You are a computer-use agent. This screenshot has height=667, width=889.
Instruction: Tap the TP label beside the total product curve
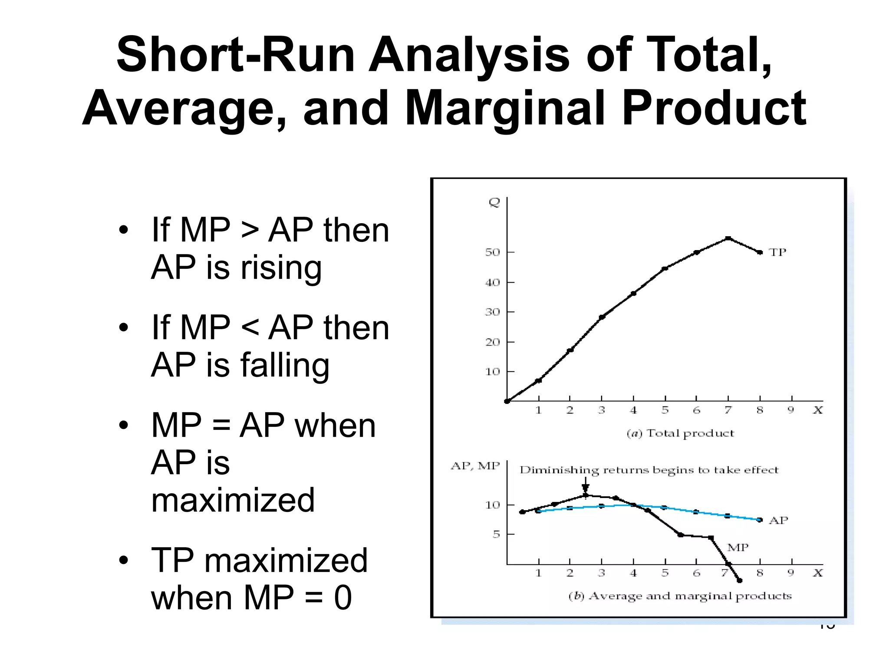point(777,252)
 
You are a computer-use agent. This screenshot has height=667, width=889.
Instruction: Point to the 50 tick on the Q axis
point(493,252)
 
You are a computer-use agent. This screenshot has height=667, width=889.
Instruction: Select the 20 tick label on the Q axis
point(493,342)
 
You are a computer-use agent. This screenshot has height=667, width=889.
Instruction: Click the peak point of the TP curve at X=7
point(728,238)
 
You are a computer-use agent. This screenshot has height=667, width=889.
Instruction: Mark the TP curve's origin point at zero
point(507,401)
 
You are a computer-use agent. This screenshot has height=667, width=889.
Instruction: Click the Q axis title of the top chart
point(494,202)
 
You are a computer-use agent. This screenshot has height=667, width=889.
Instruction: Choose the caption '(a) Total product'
point(680,433)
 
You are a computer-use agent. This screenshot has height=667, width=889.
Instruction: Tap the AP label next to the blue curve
point(778,520)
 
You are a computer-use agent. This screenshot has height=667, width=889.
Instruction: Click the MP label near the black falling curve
point(738,548)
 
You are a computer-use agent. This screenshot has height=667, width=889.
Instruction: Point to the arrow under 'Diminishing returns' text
point(585,485)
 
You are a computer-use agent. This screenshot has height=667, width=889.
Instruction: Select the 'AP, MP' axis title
point(475,466)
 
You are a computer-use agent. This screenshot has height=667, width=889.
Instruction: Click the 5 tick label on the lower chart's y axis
point(496,534)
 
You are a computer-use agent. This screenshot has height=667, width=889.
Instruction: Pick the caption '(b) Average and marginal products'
point(680,596)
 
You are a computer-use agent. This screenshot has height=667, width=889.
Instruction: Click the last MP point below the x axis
point(740,581)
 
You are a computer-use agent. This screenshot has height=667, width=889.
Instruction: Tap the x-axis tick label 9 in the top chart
point(791,410)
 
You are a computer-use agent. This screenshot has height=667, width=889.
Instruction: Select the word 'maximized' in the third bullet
point(233,500)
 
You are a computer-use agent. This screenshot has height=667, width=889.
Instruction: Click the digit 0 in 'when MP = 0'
point(343,598)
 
